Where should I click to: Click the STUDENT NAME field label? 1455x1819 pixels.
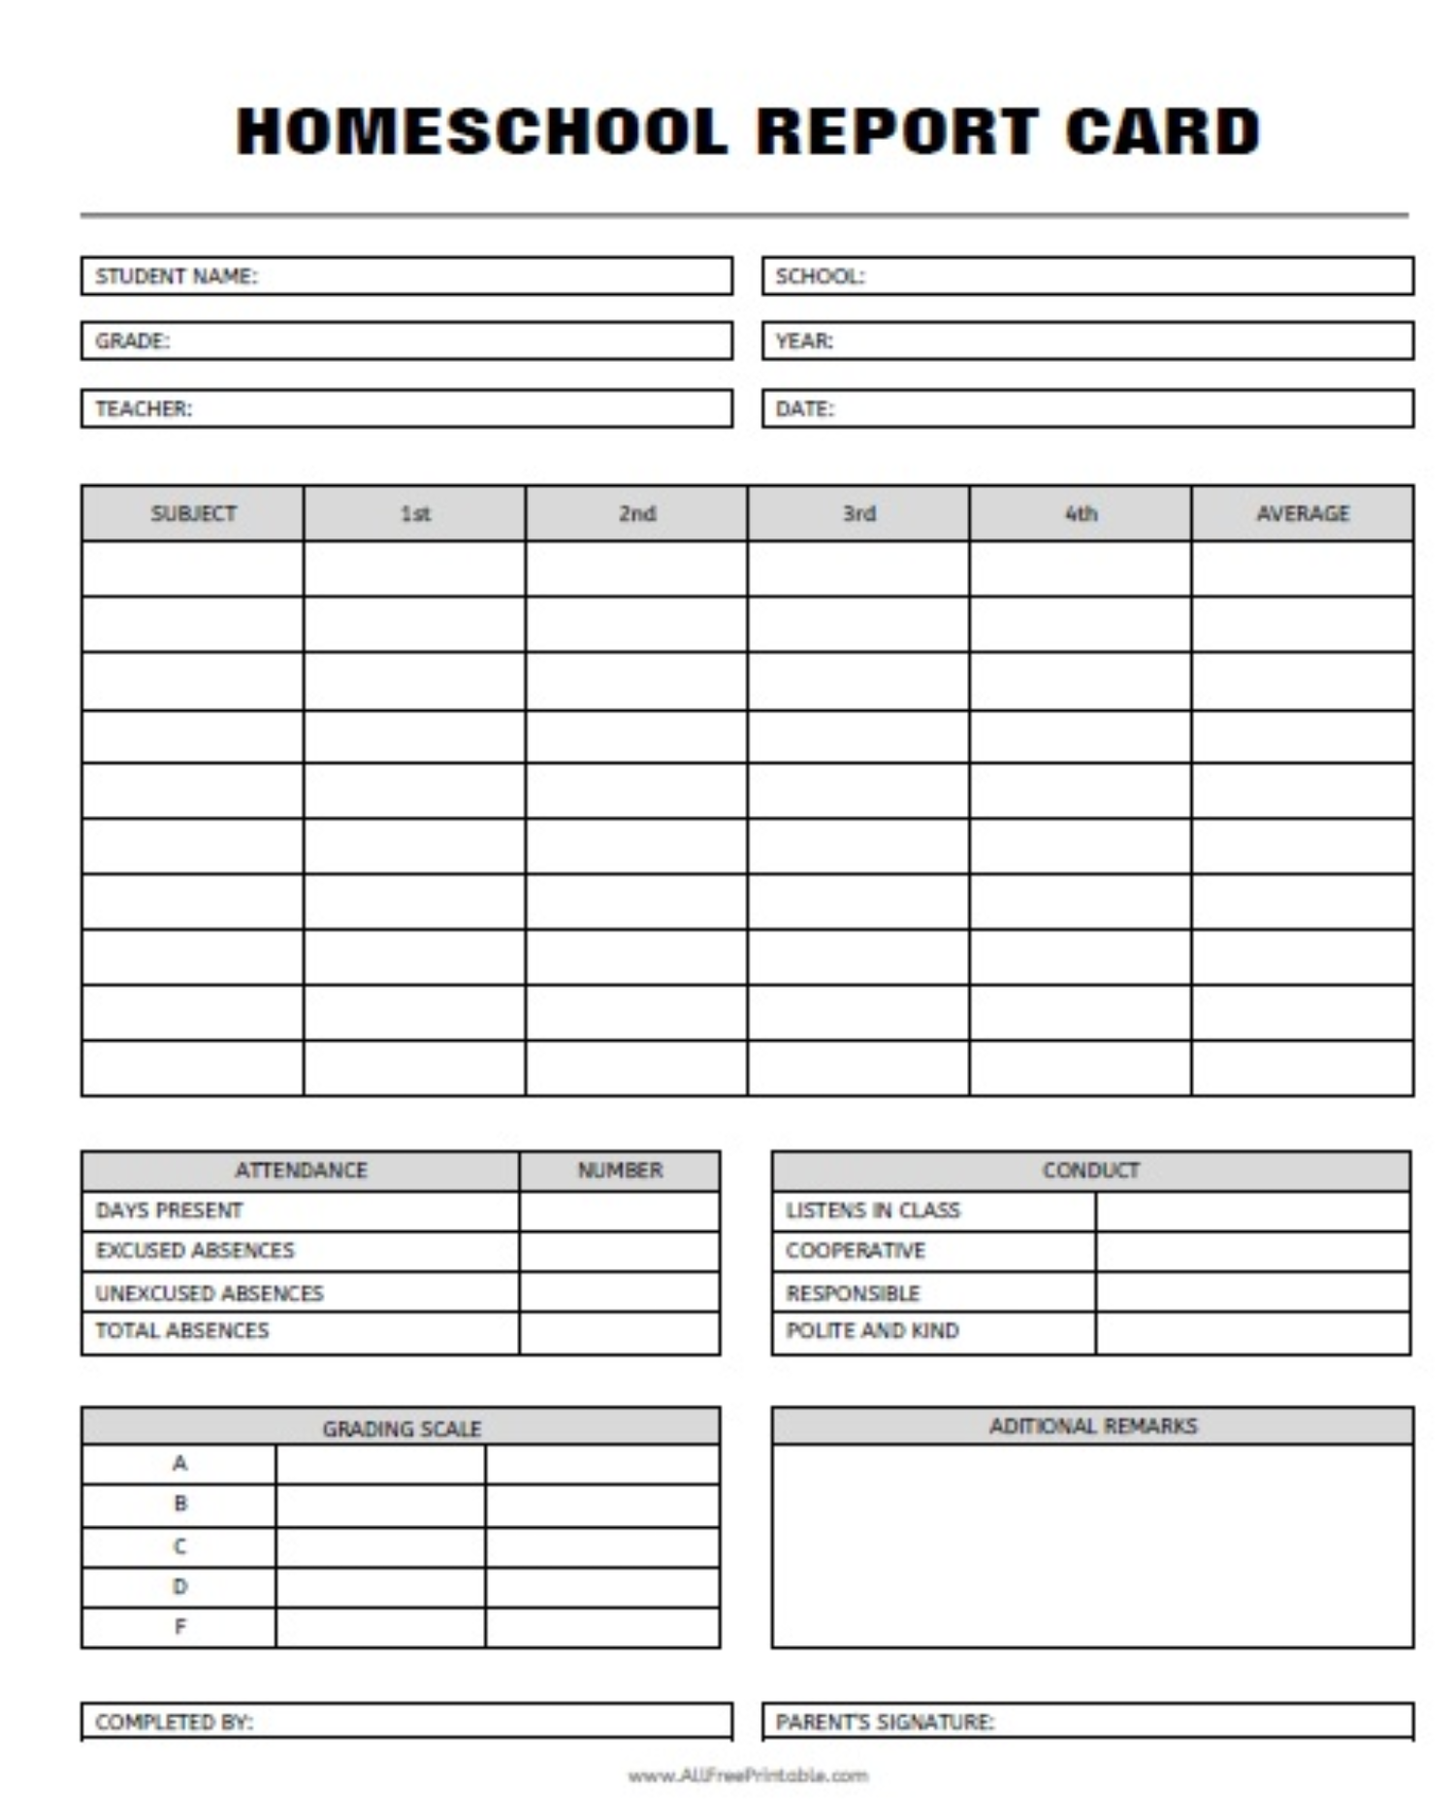[177, 276]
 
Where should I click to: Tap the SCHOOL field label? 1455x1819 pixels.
[820, 276]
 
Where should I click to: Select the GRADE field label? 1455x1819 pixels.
[132, 341]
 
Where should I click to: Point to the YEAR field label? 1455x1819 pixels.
[804, 341]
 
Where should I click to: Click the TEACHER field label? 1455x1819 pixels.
[144, 408]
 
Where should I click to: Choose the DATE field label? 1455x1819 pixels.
[804, 408]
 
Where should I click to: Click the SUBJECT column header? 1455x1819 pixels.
[193, 513]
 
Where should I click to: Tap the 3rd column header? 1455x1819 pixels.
[858, 513]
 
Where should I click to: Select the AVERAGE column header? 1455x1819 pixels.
[1303, 513]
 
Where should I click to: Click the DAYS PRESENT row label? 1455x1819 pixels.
[170, 1211]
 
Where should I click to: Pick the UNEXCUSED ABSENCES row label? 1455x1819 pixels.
[210, 1293]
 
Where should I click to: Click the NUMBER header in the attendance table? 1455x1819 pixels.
[620, 1170]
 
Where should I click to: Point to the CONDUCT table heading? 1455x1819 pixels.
[1091, 1170]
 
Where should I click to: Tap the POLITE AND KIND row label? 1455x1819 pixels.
[872, 1331]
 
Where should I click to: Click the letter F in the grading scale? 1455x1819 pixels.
[180, 1627]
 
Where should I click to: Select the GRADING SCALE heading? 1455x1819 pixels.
[402, 1428]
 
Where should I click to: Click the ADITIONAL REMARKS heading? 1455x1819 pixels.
[1093, 1426]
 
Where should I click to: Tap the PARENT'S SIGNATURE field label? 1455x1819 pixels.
[885, 1722]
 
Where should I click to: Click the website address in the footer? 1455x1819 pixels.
[748, 1775]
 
